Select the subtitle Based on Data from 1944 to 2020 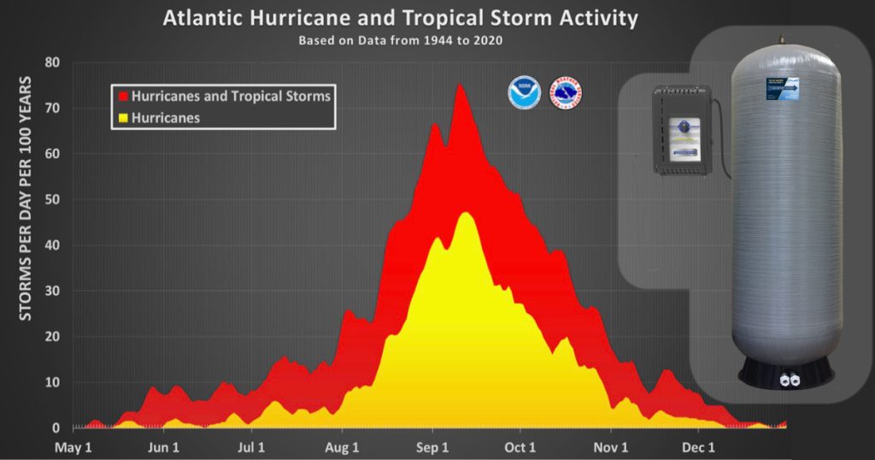click(x=401, y=40)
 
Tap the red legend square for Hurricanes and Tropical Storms click(x=121, y=97)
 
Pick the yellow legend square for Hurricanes click(x=121, y=118)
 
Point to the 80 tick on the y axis click(x=52, y=62)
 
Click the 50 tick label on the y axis click(x=52, y=199)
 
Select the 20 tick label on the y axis click(x=52, y=337)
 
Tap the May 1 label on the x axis click(x=74, y=447)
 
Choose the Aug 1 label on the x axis click(x=343, y=447)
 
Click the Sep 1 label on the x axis click(x=432, y=447)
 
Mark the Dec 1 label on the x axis click(x=698, y=447)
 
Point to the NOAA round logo click(x=524, y=92)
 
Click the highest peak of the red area click(x=460, y=85)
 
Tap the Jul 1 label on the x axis click(x=251, y=447)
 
